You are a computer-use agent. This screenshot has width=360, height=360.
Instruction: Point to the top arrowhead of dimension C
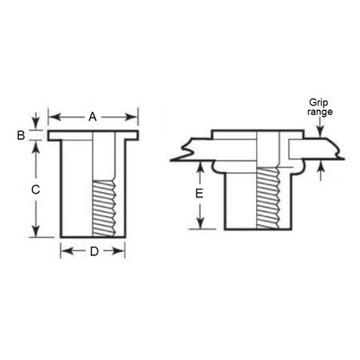pyautogui.click(x=35, y=145)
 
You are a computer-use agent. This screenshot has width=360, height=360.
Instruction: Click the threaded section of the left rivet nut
pyautogui.click(x=102, y=208)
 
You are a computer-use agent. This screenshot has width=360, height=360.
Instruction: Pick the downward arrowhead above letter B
pyautogui.click(x=35, y=123)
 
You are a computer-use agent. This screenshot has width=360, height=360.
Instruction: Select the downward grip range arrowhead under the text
pyautogui.click(x=321, y=130)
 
